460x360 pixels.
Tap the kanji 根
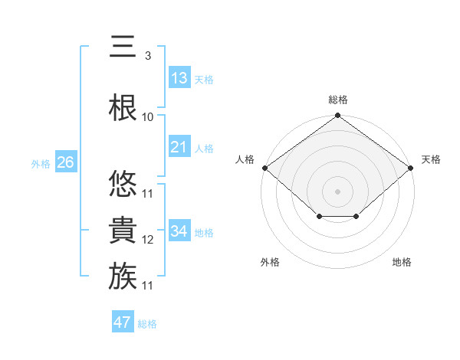click(x=123, y=106)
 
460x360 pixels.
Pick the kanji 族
click(x=123, y=275)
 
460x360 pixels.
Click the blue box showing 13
click(x=179, y=78)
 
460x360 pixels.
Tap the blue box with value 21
click(x=179, y=147)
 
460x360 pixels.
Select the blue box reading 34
click(x=179, y=231)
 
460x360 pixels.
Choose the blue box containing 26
click(x=65, y=162)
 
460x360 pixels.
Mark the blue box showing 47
click(x=123, y=322)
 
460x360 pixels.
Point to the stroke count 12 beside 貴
click(x=148, y=240)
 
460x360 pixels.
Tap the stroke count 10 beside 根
click(x=148, y=116)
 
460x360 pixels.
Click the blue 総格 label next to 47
click(x=147, y=324)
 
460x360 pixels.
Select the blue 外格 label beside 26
click(x=41, y=163)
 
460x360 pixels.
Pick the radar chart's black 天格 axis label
click(x=431, y=159)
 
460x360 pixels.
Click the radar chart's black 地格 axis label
click(x=402, y=262)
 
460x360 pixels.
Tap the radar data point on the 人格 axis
click(x=264, y=168)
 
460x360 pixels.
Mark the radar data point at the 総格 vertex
click(x=337, y=116)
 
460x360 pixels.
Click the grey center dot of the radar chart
click(x=337, y=191)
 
